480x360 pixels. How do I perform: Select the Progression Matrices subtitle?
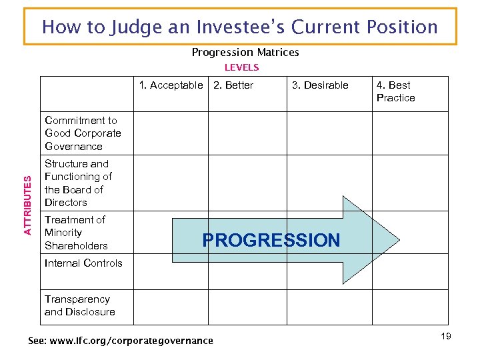click(x=245, y=52)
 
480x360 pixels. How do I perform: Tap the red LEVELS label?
click(x=241, y=67)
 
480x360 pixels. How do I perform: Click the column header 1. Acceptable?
click(x=171, y=85)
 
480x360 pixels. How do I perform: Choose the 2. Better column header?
click(x=233, y=85)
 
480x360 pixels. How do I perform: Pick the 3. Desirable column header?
click(x=319, y=85)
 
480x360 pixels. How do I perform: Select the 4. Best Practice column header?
click(x=395, y=91)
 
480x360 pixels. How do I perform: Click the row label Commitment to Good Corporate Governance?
click(x=83, y=133)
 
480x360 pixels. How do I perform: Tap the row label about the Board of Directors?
click(x=78, y=183)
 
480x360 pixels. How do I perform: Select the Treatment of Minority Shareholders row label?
click(x=76, y=233)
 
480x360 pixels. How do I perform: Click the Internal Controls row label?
click(x=83, y=263)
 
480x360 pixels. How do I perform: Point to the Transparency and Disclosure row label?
click(x=79, y=305)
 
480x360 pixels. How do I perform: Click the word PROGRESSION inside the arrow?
click(x=271, y=241)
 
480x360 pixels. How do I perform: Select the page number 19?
click(x=445, y=336)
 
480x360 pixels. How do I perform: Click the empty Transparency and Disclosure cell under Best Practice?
click(x=409, y=307)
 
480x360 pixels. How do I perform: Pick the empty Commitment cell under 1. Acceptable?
click(x=170, y=133)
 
